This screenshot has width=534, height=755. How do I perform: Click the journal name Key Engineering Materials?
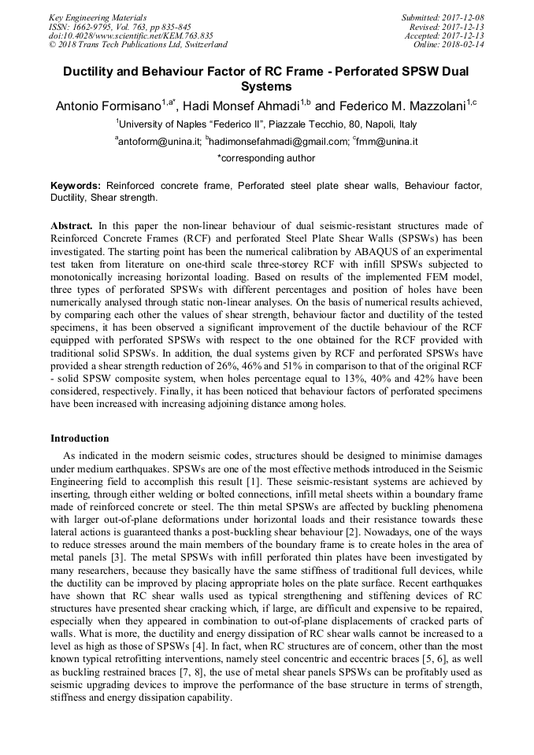(97, 17)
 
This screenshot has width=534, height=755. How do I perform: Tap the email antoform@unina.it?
(159, 142)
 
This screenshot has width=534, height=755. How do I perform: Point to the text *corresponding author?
(266, 158)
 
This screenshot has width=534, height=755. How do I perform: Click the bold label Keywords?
(76, 186)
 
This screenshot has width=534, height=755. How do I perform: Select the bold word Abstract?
(72, 225)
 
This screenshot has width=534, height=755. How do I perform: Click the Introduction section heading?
(80, 439)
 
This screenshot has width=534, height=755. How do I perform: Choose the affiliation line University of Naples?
(266, 124)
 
